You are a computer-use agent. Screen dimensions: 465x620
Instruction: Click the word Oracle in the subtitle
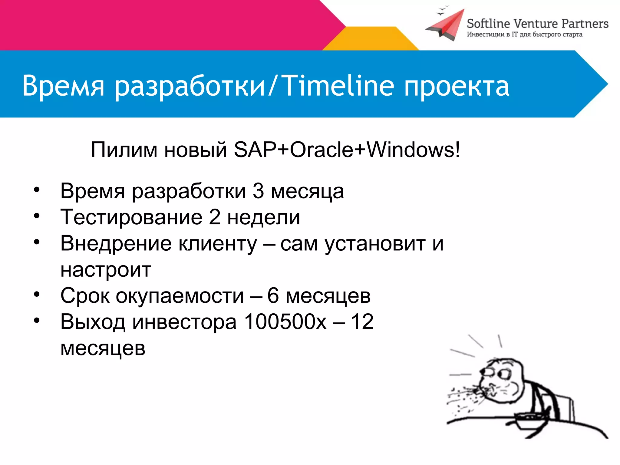click(x=322, y=150)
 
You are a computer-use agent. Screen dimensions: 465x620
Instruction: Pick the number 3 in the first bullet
click(x=258, y=191)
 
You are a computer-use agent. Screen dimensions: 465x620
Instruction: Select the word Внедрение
click(x=116, y=243)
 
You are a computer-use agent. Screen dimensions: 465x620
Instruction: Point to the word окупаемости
click(x=180, y=296)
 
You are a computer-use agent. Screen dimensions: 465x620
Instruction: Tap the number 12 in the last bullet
click(x=362, y=322)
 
